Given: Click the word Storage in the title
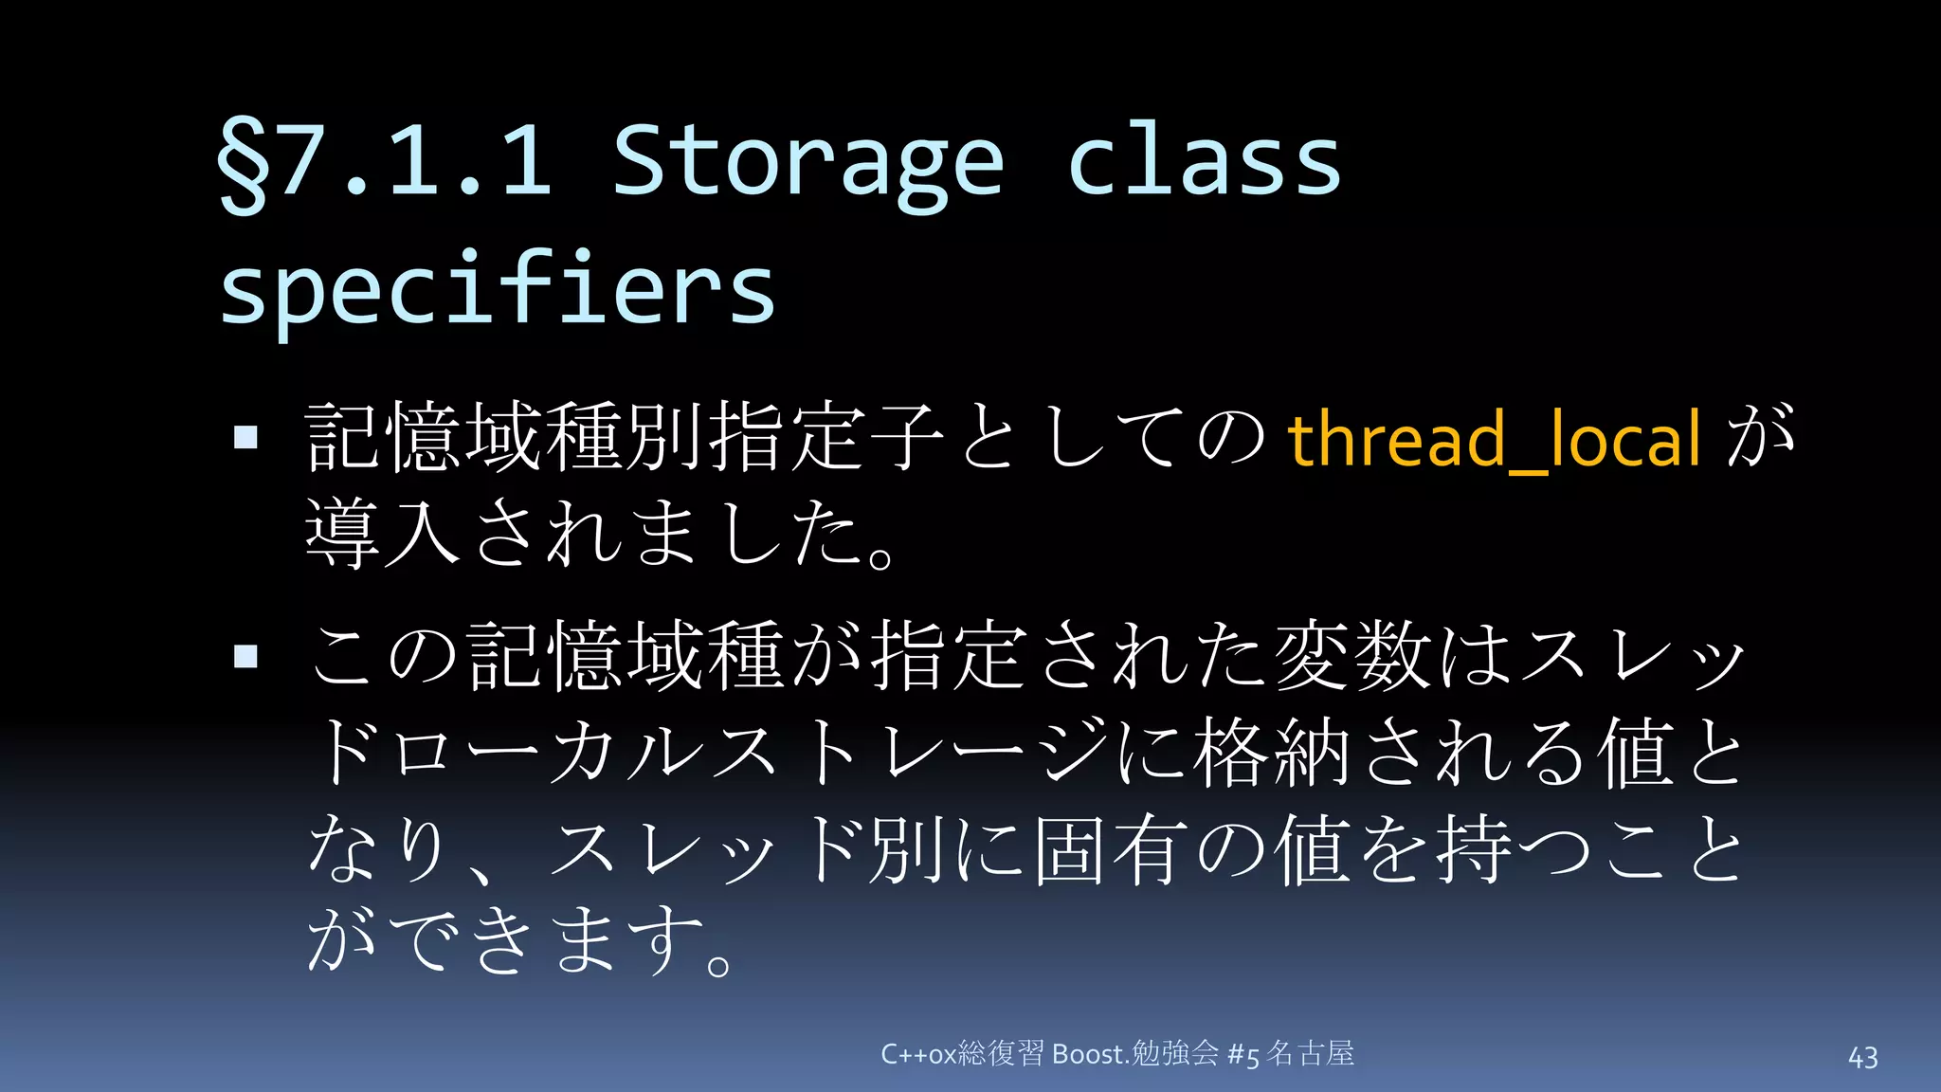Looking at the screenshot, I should coord(807,161).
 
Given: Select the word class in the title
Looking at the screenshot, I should coord(1204,161).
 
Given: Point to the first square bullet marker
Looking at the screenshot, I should coord(245,437).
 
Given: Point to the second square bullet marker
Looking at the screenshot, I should coord(245,656).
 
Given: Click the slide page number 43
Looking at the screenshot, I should coord(1862,1058).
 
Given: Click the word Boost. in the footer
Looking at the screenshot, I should coord(1090,1054).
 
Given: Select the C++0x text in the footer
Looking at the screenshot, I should coord(917,1054).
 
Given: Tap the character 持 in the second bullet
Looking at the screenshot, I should coord(1474,849).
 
